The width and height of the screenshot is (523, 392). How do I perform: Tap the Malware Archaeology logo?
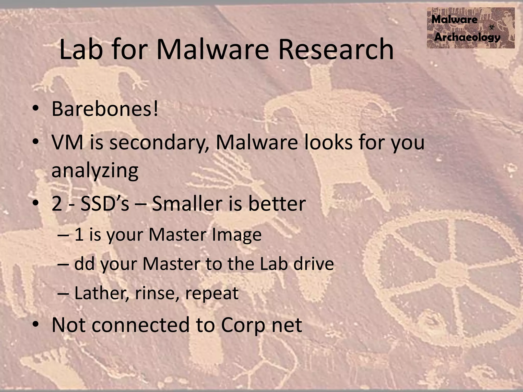(471, 28)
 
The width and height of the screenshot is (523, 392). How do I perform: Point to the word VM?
(67, 142)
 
